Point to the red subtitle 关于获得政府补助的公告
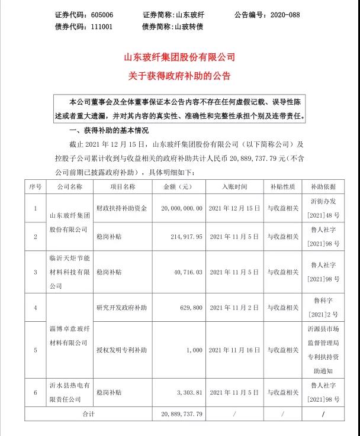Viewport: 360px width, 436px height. click(x=179, y=76)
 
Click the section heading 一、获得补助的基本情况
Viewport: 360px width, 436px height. click(x=109, y=131)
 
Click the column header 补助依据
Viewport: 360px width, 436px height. click(x=322, y=186)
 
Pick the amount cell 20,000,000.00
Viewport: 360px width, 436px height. click(x=178, y=208)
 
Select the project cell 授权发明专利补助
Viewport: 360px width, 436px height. click(x=121, y=350)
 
